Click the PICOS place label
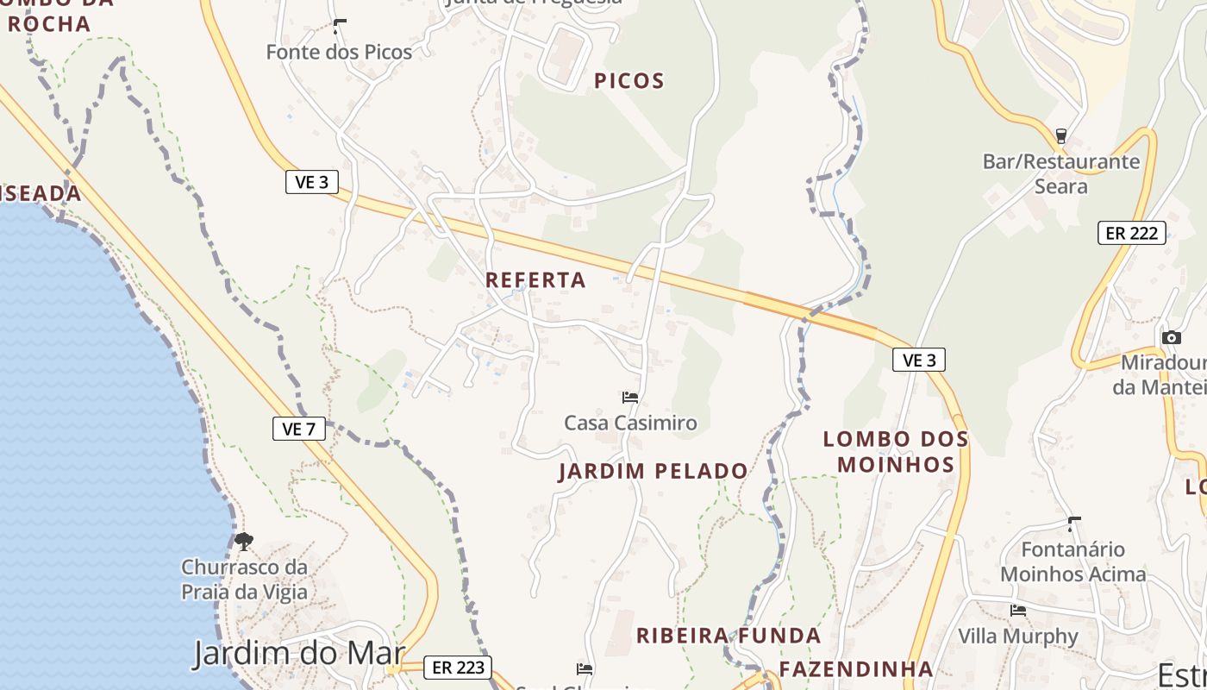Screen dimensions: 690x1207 click(x=629, y=81)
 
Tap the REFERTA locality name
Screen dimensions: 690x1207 click(x=535, y=280)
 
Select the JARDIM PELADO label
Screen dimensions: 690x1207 click(x=653, y=471)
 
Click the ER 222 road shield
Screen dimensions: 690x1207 click(x=1131, y=233)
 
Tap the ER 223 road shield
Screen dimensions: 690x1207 click(x=458, y=667)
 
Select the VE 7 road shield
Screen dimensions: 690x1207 click(x=299, y=429)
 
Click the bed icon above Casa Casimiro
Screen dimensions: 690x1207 click(x=630, y=398)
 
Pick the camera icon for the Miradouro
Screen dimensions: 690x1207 click(x=1171, y=337)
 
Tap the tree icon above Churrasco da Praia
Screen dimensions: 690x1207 click(x=244, y=542)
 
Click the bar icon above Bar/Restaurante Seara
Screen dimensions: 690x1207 click(x=1061, y=136)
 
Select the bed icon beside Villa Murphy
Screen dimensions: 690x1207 click(x=1018, y=611)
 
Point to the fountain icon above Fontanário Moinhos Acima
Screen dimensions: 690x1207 click(x=1074, y=524)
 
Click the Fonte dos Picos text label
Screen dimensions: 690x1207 click(x=339, y=52)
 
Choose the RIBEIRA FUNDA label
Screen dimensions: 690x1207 click(x=729, y=636)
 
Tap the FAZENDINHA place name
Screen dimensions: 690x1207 click(x=856, y=669)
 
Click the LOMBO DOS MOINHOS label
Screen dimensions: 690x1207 click(x=896, y=452)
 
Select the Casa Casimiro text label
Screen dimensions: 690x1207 click(x=630, y=423)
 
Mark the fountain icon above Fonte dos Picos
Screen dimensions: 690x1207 click(x=340, y=26)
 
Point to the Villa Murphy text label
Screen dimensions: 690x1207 click(x=1018, y=637)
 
